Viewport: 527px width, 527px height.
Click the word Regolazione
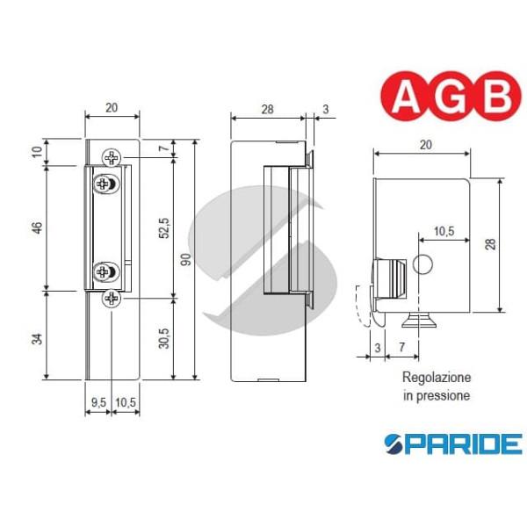pyautogui.click(x=437, y=377)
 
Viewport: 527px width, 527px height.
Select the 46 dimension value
pyautogui.click(x=37, y=227)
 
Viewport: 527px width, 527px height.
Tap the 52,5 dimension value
pyautogui.click(x=163, y=227)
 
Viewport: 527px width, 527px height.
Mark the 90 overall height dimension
pyautogui.click(x=187, y=260)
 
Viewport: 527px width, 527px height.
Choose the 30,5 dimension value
pyautogui.click(x=163, y=337)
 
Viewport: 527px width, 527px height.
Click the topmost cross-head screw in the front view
pyautogui.click(x=111, y=158)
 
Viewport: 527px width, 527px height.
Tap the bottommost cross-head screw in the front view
pyautogui.click(x=111, y=299)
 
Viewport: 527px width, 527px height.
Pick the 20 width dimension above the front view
pyautogui.click(x=112, y=108)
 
